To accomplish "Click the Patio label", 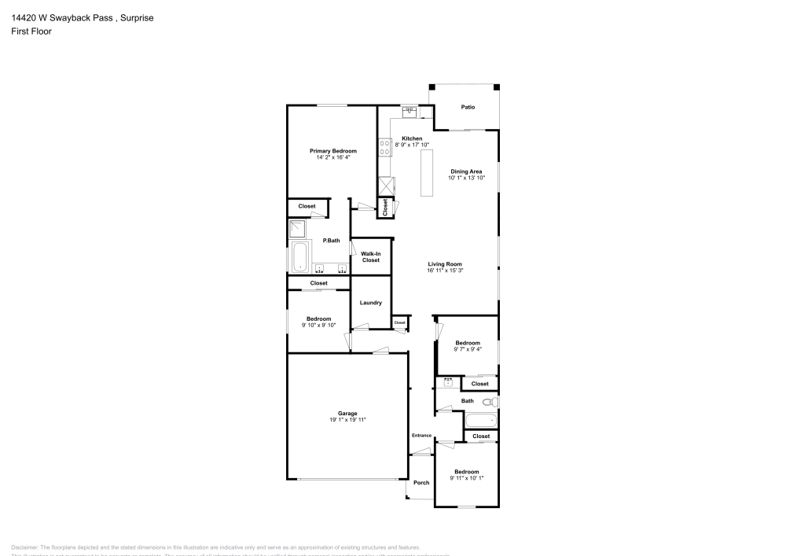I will (468, 107).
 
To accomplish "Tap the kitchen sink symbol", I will (410, 112).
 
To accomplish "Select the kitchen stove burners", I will (386, 149).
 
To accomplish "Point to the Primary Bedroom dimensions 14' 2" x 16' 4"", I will (332, 157).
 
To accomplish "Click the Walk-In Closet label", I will (371, 256).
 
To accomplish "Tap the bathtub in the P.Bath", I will (299, 257).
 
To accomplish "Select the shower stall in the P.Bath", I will (299, 228).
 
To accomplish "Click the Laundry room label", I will (370, 303).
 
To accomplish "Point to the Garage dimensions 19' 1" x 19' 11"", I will (347, 420).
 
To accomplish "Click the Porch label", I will (421, 482).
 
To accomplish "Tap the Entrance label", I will (421, 436).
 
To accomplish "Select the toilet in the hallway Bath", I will (488, 401).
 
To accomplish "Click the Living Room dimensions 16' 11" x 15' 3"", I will (445, 271).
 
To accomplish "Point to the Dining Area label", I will (466, 171).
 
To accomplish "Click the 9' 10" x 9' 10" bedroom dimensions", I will (318, 325).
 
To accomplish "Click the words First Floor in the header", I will (31, 31).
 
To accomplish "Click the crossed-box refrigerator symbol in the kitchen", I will (386, 186).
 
